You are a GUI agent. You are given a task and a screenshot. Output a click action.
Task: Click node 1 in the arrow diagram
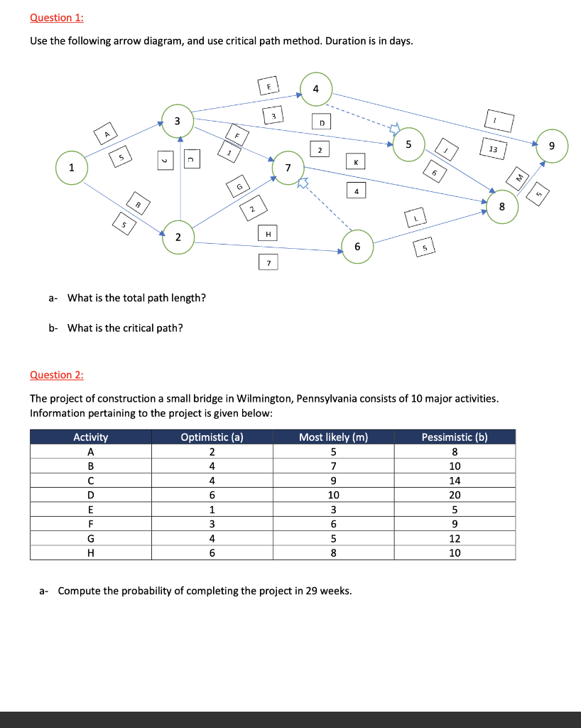pos(71,168)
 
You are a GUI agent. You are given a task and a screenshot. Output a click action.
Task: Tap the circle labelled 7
pos(288,168)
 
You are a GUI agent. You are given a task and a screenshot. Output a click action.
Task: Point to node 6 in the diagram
pos(357,247)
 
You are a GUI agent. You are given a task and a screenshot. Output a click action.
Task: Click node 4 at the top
pos(316,89)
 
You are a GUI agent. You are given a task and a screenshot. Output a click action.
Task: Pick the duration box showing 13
pos(493,149)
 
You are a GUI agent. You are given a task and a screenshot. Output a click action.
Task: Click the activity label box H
pos(268,233)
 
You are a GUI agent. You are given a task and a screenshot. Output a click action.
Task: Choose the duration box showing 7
pos(268,264)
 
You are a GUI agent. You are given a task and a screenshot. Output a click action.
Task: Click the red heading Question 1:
pos(52,17)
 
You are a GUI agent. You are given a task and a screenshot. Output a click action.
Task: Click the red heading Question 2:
pos(52,375)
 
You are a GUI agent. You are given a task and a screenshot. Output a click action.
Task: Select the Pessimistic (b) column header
pos(455,437)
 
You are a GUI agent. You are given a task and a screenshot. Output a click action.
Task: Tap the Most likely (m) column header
pos(333,437)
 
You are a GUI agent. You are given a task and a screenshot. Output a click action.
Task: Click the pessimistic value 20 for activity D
pos(455,495)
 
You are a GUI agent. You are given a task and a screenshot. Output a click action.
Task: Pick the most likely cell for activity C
pos(333,481)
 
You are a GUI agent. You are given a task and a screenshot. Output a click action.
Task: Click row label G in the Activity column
pos(90,538)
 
